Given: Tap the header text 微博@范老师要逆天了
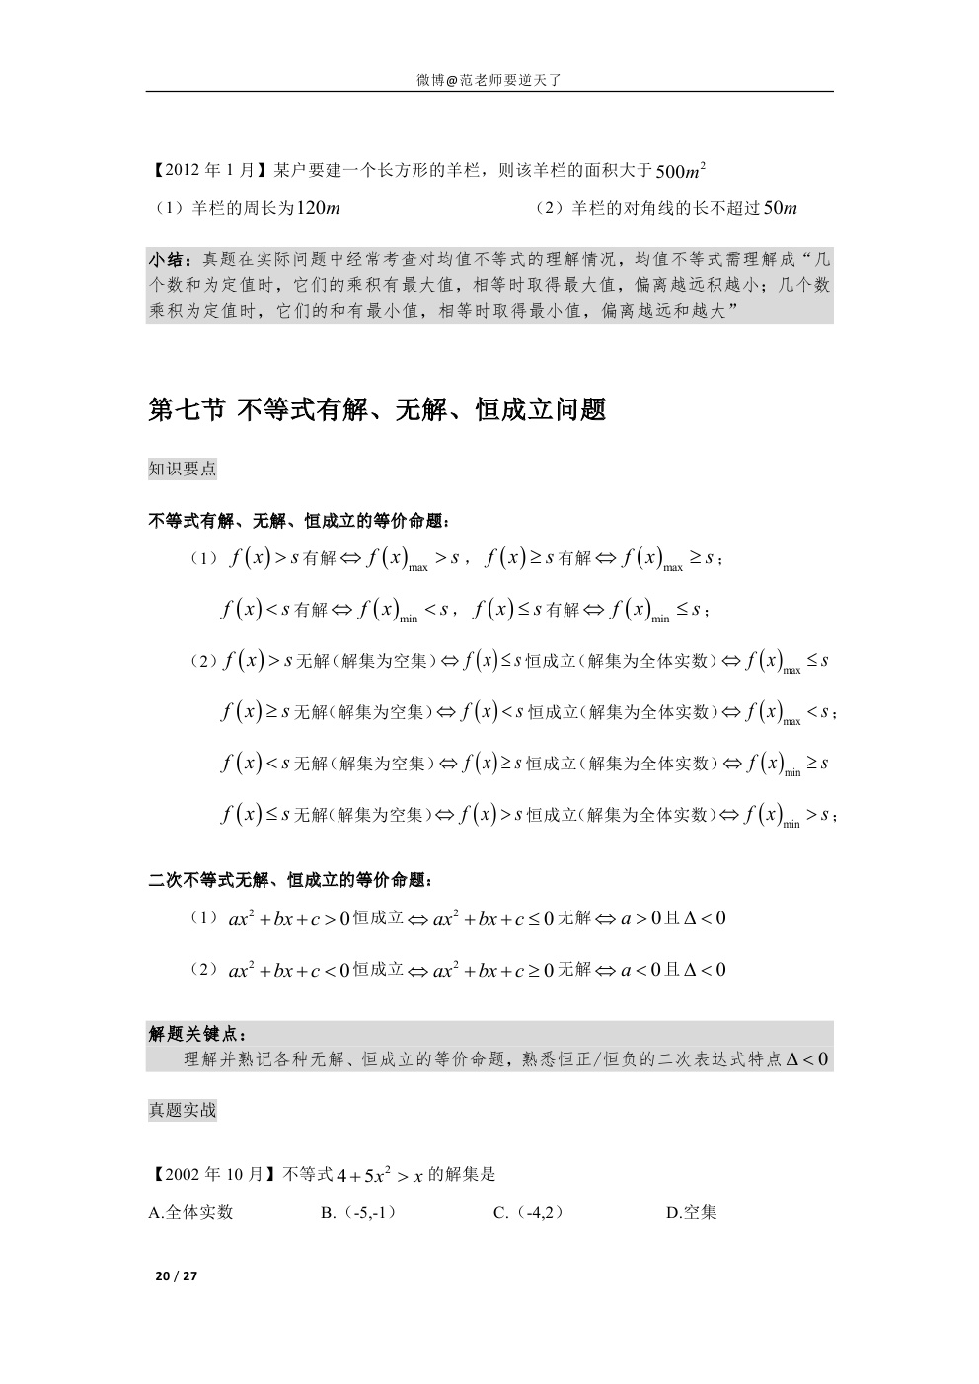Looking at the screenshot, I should coord(489,80).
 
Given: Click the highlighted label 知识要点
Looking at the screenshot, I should coord(183,469).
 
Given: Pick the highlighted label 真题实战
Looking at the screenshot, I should coord(183,1110).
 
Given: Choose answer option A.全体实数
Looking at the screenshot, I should coord(190,1212).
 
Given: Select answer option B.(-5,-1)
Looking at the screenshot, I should coord(359,1212).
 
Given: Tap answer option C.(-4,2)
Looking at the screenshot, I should coord(529,1212).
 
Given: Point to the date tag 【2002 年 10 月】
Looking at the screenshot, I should coord(213,1174).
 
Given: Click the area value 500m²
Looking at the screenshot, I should coord(680,171).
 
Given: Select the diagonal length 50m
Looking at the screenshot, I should coord(780,208).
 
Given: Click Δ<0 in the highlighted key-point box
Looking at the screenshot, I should coord(806,1059).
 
